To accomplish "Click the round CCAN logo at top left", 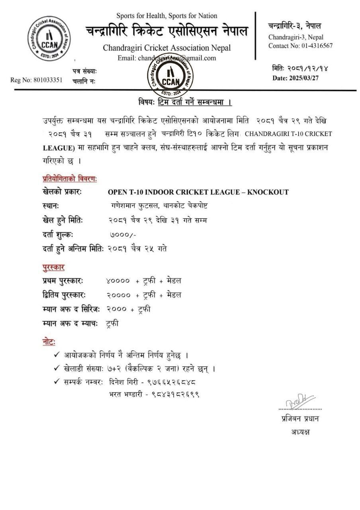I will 49,39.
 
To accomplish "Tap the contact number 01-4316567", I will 317,46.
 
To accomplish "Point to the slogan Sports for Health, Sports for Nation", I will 167,16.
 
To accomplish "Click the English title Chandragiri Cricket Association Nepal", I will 167,48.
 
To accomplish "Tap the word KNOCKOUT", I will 268,192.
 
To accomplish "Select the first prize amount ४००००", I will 118,281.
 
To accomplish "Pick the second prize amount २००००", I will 119,295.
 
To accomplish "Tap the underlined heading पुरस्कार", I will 53,267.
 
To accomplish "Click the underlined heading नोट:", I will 49,342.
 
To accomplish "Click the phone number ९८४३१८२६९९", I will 175,394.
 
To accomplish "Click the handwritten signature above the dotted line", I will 301,400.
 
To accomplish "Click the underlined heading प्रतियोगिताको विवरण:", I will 70,178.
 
